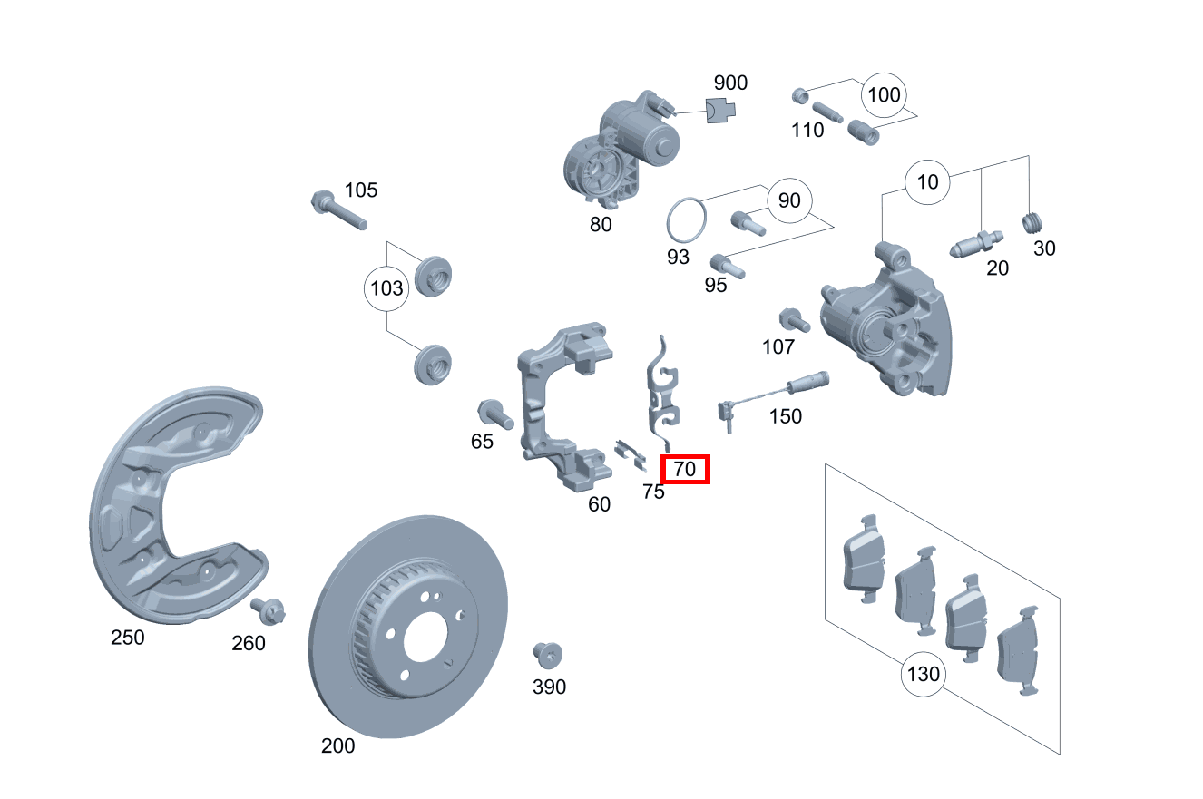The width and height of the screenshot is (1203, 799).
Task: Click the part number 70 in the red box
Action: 685,470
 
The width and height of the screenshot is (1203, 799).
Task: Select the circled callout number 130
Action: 922,675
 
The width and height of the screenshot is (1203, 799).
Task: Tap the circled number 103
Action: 386,289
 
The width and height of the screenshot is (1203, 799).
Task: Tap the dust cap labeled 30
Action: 1033,222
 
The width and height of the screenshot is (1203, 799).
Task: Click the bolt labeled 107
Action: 792,321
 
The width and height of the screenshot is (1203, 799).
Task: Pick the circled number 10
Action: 927,182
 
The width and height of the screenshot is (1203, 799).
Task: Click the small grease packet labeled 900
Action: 722,110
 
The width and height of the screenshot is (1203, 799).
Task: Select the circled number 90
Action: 789,200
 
